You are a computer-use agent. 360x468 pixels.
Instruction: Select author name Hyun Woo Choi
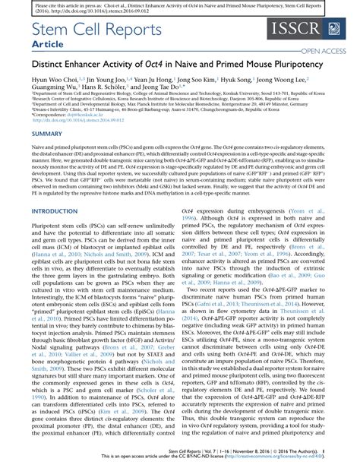tap(54, 78)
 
